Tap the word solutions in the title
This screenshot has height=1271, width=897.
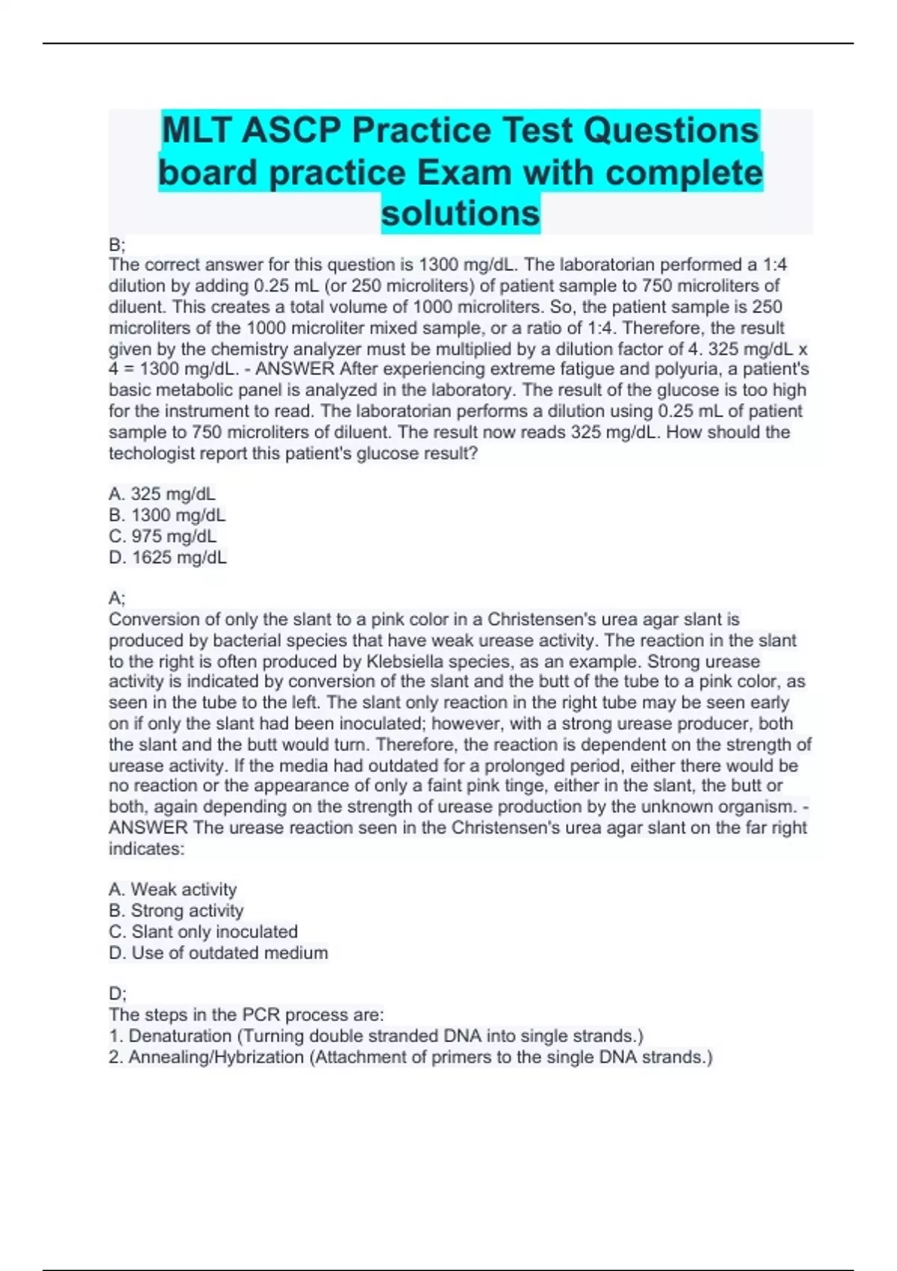[460, 214]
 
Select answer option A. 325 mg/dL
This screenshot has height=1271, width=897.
[162, 494]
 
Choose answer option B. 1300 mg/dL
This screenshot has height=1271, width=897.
[167, 515]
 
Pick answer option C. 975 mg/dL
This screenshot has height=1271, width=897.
[163, 536]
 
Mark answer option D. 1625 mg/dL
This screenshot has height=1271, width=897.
[168, 557]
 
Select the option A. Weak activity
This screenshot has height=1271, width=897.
[173, 890]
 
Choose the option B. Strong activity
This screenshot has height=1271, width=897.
[176, 911]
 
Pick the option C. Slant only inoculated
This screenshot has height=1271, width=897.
[203, 932]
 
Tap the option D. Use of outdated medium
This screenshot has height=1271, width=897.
[218, 953]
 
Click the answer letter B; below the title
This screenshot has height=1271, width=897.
[117, 244]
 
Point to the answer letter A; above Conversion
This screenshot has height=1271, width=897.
[117, 598]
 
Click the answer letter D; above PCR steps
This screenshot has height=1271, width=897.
[117, 994]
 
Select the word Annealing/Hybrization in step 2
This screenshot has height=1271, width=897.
[216, 1057]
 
